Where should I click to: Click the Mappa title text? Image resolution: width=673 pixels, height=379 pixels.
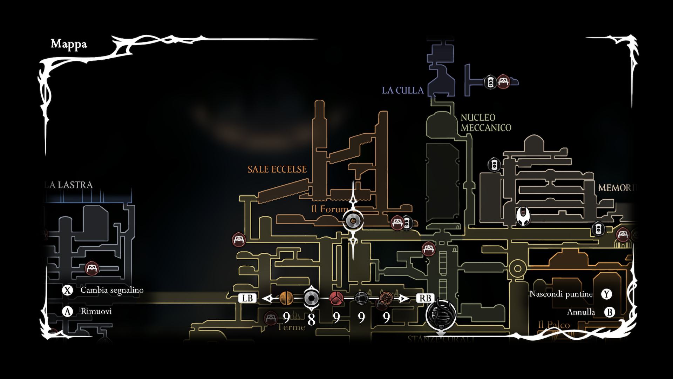pyautogui.click(x=69, y=44)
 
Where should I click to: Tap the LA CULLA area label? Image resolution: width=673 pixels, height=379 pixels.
pyautogui.click(x=403, y=90)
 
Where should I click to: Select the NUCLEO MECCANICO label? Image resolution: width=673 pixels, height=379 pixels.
pyautogui.click(x=485, y=122)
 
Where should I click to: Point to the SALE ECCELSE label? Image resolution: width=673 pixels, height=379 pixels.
pyautogui.click(x=277, y=169)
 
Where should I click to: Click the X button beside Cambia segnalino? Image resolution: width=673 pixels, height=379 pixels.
pyautogui.click(x=67, y=290)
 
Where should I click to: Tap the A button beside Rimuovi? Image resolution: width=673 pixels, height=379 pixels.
pyautogui.click(x=67, y=311)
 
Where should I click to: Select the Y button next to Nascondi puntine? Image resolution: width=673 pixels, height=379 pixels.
pyautogui.click(x=606, y=294)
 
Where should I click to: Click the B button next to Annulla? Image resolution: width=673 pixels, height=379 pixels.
pyautogui.click(x=610, y=312)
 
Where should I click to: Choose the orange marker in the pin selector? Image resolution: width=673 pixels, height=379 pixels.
pyautogui.click(x=286, y=298)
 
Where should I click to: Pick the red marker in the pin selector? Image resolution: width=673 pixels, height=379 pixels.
pyautogui.click(x=336, y=298)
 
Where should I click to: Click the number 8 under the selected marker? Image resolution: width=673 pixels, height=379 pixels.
pyautogui.click(x=311, y=319)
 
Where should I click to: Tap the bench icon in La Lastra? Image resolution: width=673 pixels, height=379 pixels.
pyautogui.click(x=92, y=268)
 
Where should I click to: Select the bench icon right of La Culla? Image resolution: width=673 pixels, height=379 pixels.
pyautogui.click(x=503, y=82)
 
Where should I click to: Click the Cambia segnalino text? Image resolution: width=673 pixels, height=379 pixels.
pyautogui.click(x=112, y=290)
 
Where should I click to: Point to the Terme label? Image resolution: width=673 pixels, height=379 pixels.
pyautogui.click(x=291, y=327)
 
